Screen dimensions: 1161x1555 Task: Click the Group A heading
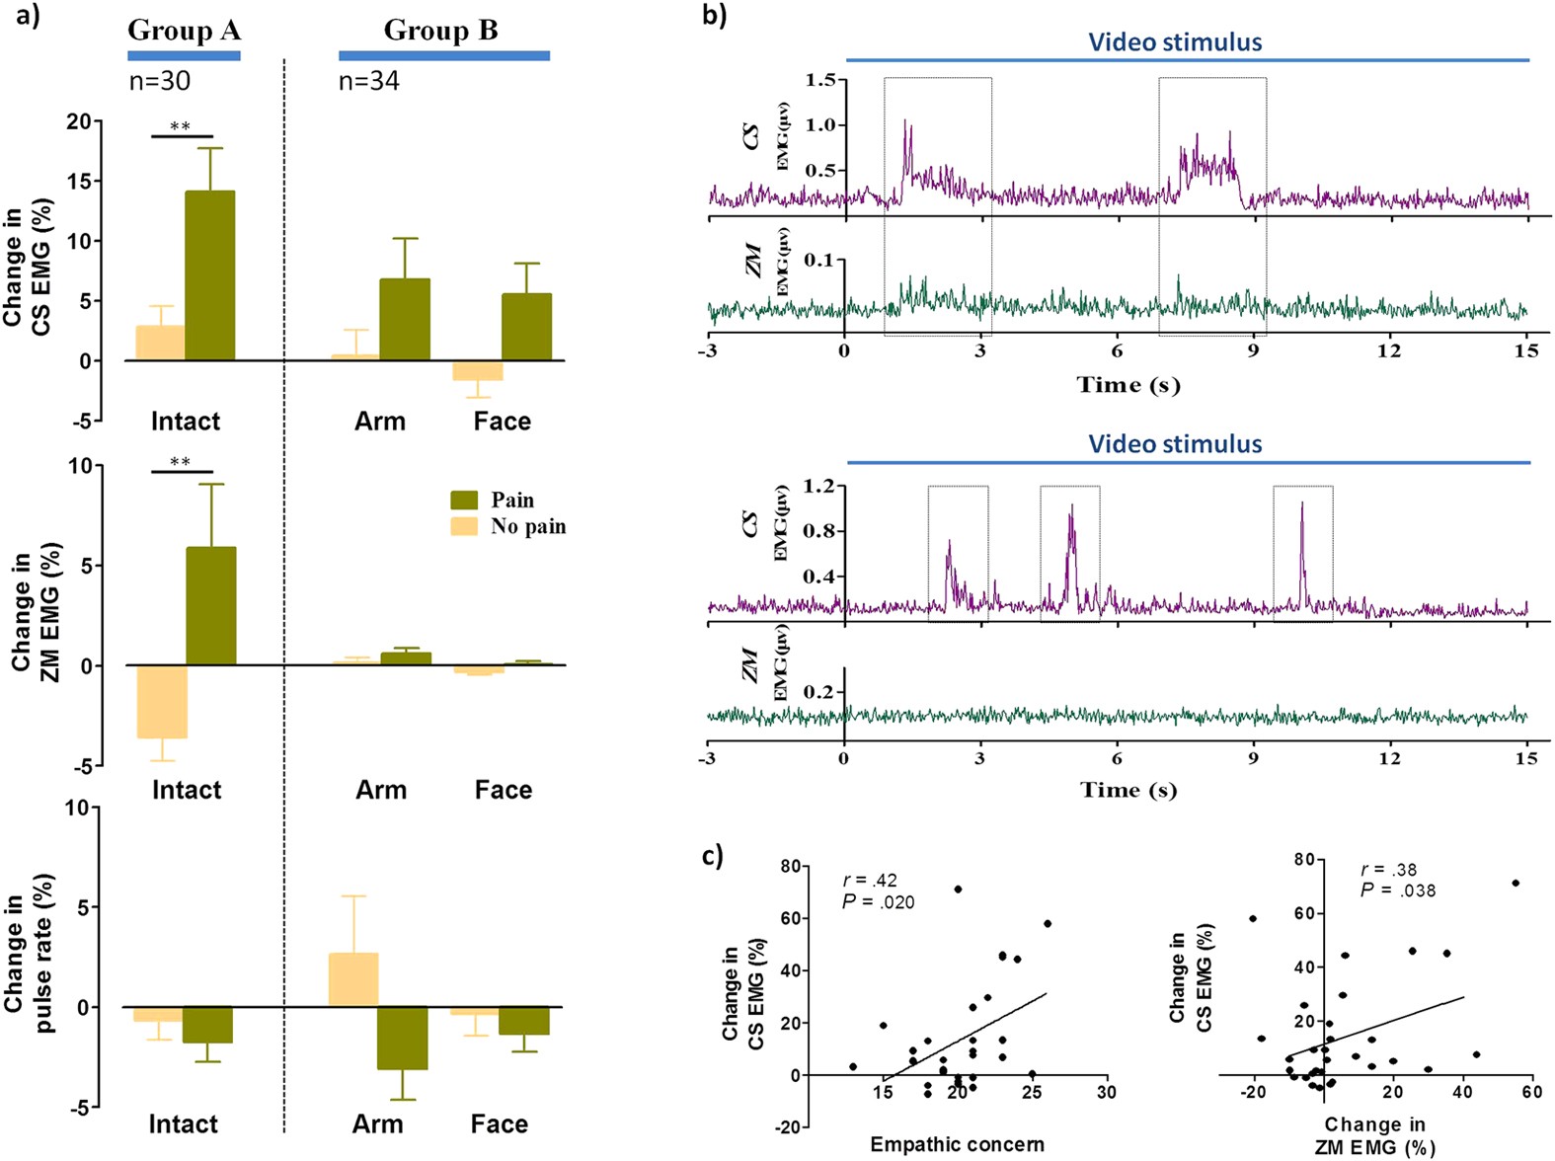184,31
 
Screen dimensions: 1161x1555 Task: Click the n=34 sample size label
368,81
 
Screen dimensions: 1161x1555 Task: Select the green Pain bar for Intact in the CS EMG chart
210,275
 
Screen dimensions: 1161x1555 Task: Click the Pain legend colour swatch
464,501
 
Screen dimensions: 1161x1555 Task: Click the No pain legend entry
527,526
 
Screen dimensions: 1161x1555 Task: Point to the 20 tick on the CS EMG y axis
79,121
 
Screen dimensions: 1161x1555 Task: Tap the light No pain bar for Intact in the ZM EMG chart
162,702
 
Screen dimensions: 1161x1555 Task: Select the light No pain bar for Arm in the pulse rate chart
353,979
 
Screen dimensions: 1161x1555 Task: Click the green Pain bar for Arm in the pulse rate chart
403,1038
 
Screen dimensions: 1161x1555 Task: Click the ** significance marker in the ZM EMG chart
180,462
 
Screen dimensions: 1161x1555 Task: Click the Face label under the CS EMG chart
502,422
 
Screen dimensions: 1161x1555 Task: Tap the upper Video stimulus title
1175,42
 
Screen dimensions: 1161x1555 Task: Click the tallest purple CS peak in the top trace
905,123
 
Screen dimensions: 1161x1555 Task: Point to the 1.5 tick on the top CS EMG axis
825,80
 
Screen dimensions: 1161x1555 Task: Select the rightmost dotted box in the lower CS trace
1302,553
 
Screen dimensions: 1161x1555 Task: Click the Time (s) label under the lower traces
1127,790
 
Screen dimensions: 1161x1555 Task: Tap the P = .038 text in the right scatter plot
1398,890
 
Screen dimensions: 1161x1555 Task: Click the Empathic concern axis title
957,1144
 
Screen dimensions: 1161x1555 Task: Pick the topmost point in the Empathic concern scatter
958,890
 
